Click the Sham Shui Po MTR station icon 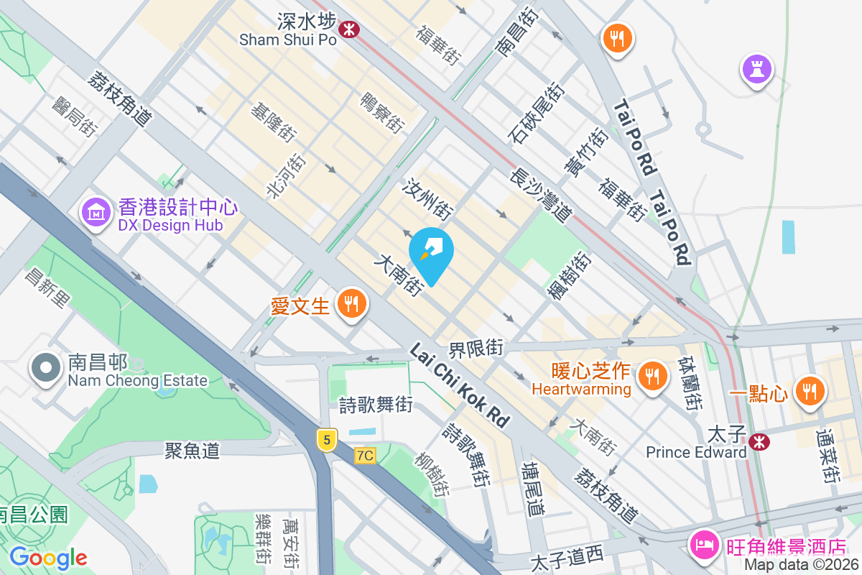coord(350,29)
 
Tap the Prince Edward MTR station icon coord(758,441)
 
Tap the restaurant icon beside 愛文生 coord(351,304)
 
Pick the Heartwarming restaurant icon coord(652,376)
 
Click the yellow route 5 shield coord(326,440)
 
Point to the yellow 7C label coord(365,455)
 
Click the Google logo coord(48,558)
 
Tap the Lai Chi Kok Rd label coord(460,384)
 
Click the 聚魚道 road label coord(192,451)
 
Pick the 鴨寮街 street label coord(382,112)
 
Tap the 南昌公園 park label coord(33,515)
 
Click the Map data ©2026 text coord(800,565)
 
